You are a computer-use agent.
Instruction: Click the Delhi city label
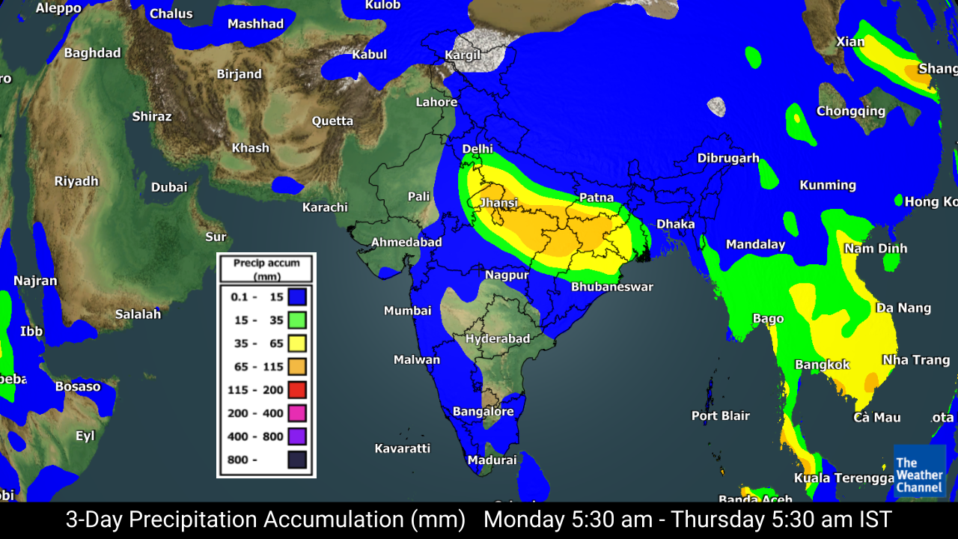[x=478, y=149]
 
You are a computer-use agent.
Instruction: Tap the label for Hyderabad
[x=498, y=338]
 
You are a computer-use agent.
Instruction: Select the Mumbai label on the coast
[x=407, y=311]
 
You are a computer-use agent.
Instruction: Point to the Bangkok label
[x=823, y=365]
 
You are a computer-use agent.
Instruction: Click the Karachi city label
[x=325, y=207]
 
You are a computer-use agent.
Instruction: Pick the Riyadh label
[x=76, y=181]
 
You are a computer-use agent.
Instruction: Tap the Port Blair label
[x=720, y=415]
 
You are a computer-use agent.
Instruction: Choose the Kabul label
[x=369, y=54]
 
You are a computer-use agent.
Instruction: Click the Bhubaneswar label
[x=612, y=287]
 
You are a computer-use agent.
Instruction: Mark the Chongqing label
[x=850, y=111]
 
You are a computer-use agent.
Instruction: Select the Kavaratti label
[x=403, y=448]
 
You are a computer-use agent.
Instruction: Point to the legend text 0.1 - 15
[x=257, y=297]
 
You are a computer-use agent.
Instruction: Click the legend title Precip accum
[x=266, y=263]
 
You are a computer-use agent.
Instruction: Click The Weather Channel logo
[x=919, y=472]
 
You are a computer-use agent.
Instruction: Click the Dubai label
[x=169, y=187]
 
